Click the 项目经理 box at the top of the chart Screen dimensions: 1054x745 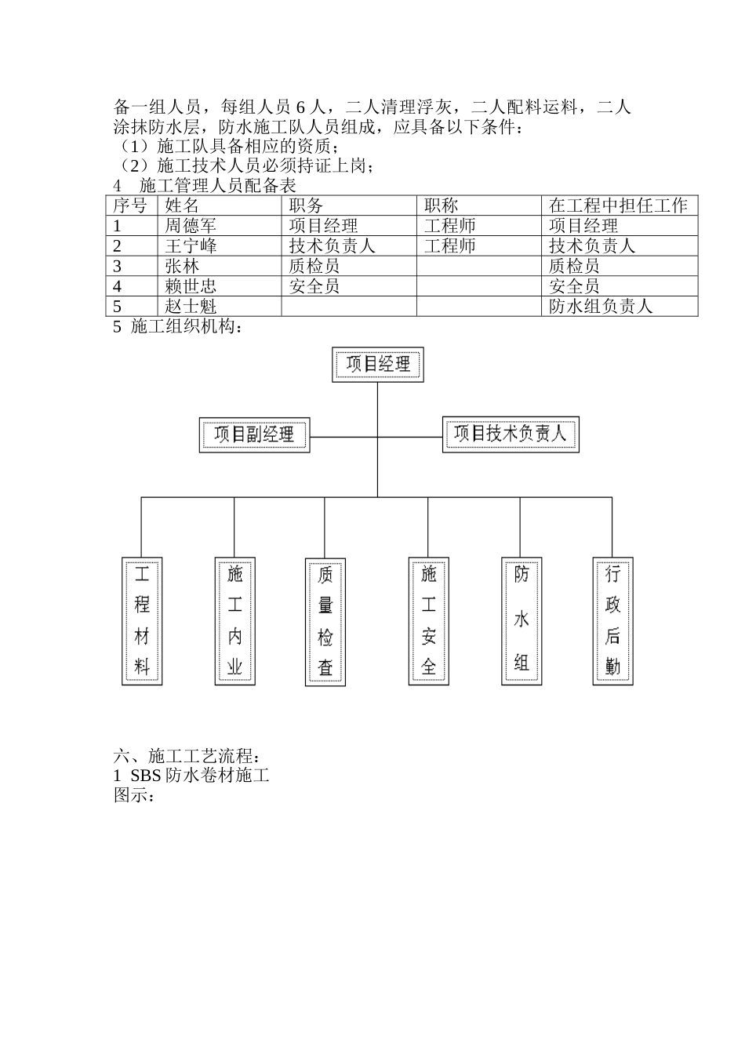pos(378,365)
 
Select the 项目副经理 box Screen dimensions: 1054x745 pos(254,434)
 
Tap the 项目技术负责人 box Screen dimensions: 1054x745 pos(511,434)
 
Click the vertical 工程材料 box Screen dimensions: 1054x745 pos(142,620)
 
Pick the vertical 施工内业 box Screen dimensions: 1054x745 pos(234,620)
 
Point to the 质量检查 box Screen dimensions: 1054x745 pos(325,621)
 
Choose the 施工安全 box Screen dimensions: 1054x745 pos(428,620)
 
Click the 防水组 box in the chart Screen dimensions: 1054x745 pos(521,620)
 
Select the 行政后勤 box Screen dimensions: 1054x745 pos(612,620)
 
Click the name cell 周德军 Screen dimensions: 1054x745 pos(191,226)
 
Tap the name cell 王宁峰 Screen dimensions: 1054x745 pos(191,246)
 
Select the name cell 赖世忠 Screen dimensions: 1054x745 pos(191,286)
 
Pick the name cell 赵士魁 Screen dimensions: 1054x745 pos(191,307)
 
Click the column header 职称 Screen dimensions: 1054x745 pos(441,205)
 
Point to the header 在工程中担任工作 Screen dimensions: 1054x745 pos(618,205)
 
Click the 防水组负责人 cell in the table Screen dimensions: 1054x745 pos(601,307)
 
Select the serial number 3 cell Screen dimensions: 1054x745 pos(118,267)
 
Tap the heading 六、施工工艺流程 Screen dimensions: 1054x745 pos(186,757)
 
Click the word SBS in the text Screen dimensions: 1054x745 pos(146,776)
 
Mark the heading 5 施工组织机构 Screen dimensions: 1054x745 pos(179,327)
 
